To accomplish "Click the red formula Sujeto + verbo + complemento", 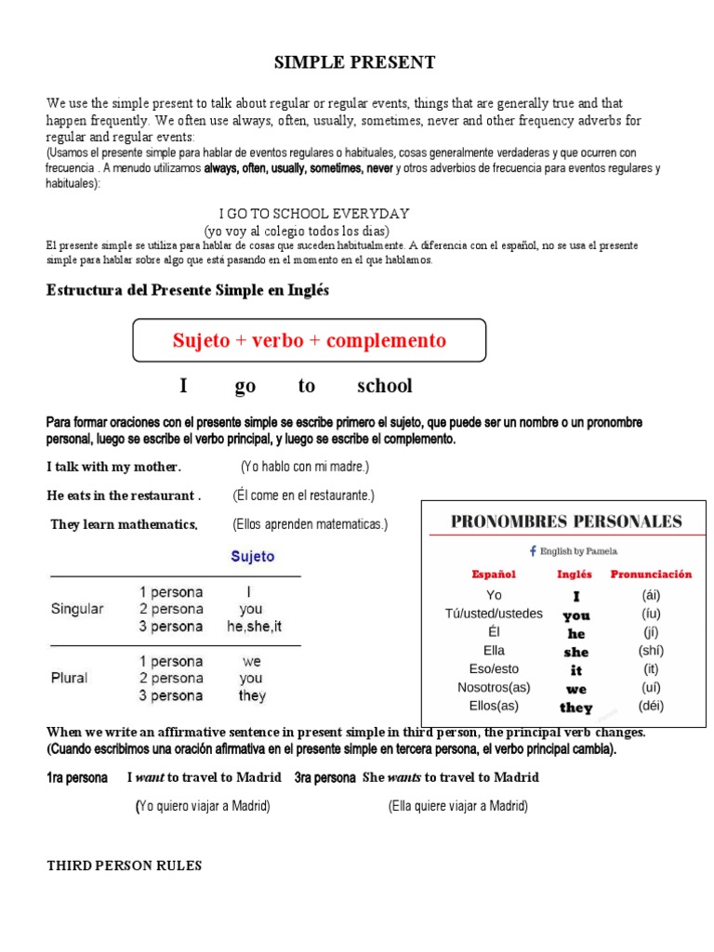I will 310,340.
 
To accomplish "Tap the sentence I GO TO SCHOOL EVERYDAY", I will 313,214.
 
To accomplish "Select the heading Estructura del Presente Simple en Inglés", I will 188,290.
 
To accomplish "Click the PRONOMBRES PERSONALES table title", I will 566,522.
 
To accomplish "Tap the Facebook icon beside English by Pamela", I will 533,550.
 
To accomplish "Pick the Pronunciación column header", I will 651,575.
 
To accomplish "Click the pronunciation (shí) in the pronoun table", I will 653,650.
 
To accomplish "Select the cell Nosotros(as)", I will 494,687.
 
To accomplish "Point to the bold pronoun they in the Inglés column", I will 576,707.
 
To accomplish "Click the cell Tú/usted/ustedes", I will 494,614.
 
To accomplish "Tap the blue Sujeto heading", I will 253,557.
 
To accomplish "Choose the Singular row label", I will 77,609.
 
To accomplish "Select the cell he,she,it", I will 253,627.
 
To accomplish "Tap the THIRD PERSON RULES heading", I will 124,866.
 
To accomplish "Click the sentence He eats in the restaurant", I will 124,496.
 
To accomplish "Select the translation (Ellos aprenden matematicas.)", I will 310,524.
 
